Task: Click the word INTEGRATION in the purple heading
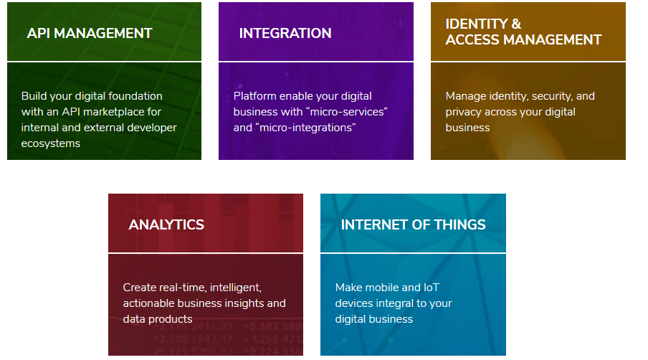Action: tap(285, 33)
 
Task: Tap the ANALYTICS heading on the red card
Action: tap(166, 224)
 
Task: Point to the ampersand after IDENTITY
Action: tap(516, 24)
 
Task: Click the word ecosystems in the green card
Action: tap(50, 143)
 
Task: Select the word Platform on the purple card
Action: tap(255, 96)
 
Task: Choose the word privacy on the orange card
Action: tap(463, 112)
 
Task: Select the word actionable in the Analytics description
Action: tap(148, 303)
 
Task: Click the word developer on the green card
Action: tap(152, 128)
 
